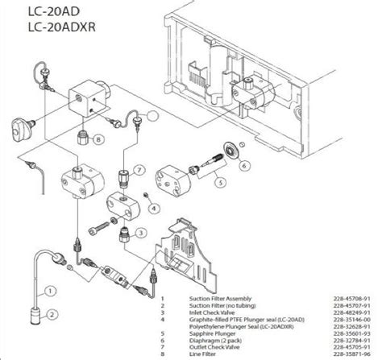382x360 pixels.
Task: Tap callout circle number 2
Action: point(51,316)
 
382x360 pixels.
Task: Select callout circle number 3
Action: point(140,234)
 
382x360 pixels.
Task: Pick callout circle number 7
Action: point(139,171)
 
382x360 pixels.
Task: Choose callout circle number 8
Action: point(98,139)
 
